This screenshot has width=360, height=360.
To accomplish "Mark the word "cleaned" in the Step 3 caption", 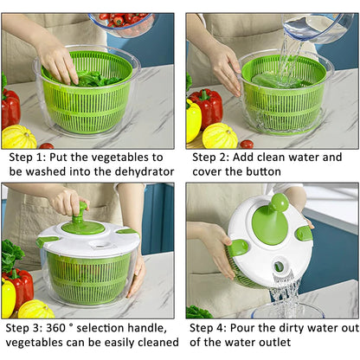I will (144, 343).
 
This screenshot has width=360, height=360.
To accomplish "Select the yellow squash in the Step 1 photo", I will (19, 137).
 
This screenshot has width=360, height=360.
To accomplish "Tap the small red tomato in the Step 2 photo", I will (247, 144).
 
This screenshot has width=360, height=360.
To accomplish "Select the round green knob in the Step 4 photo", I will (280, 203).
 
